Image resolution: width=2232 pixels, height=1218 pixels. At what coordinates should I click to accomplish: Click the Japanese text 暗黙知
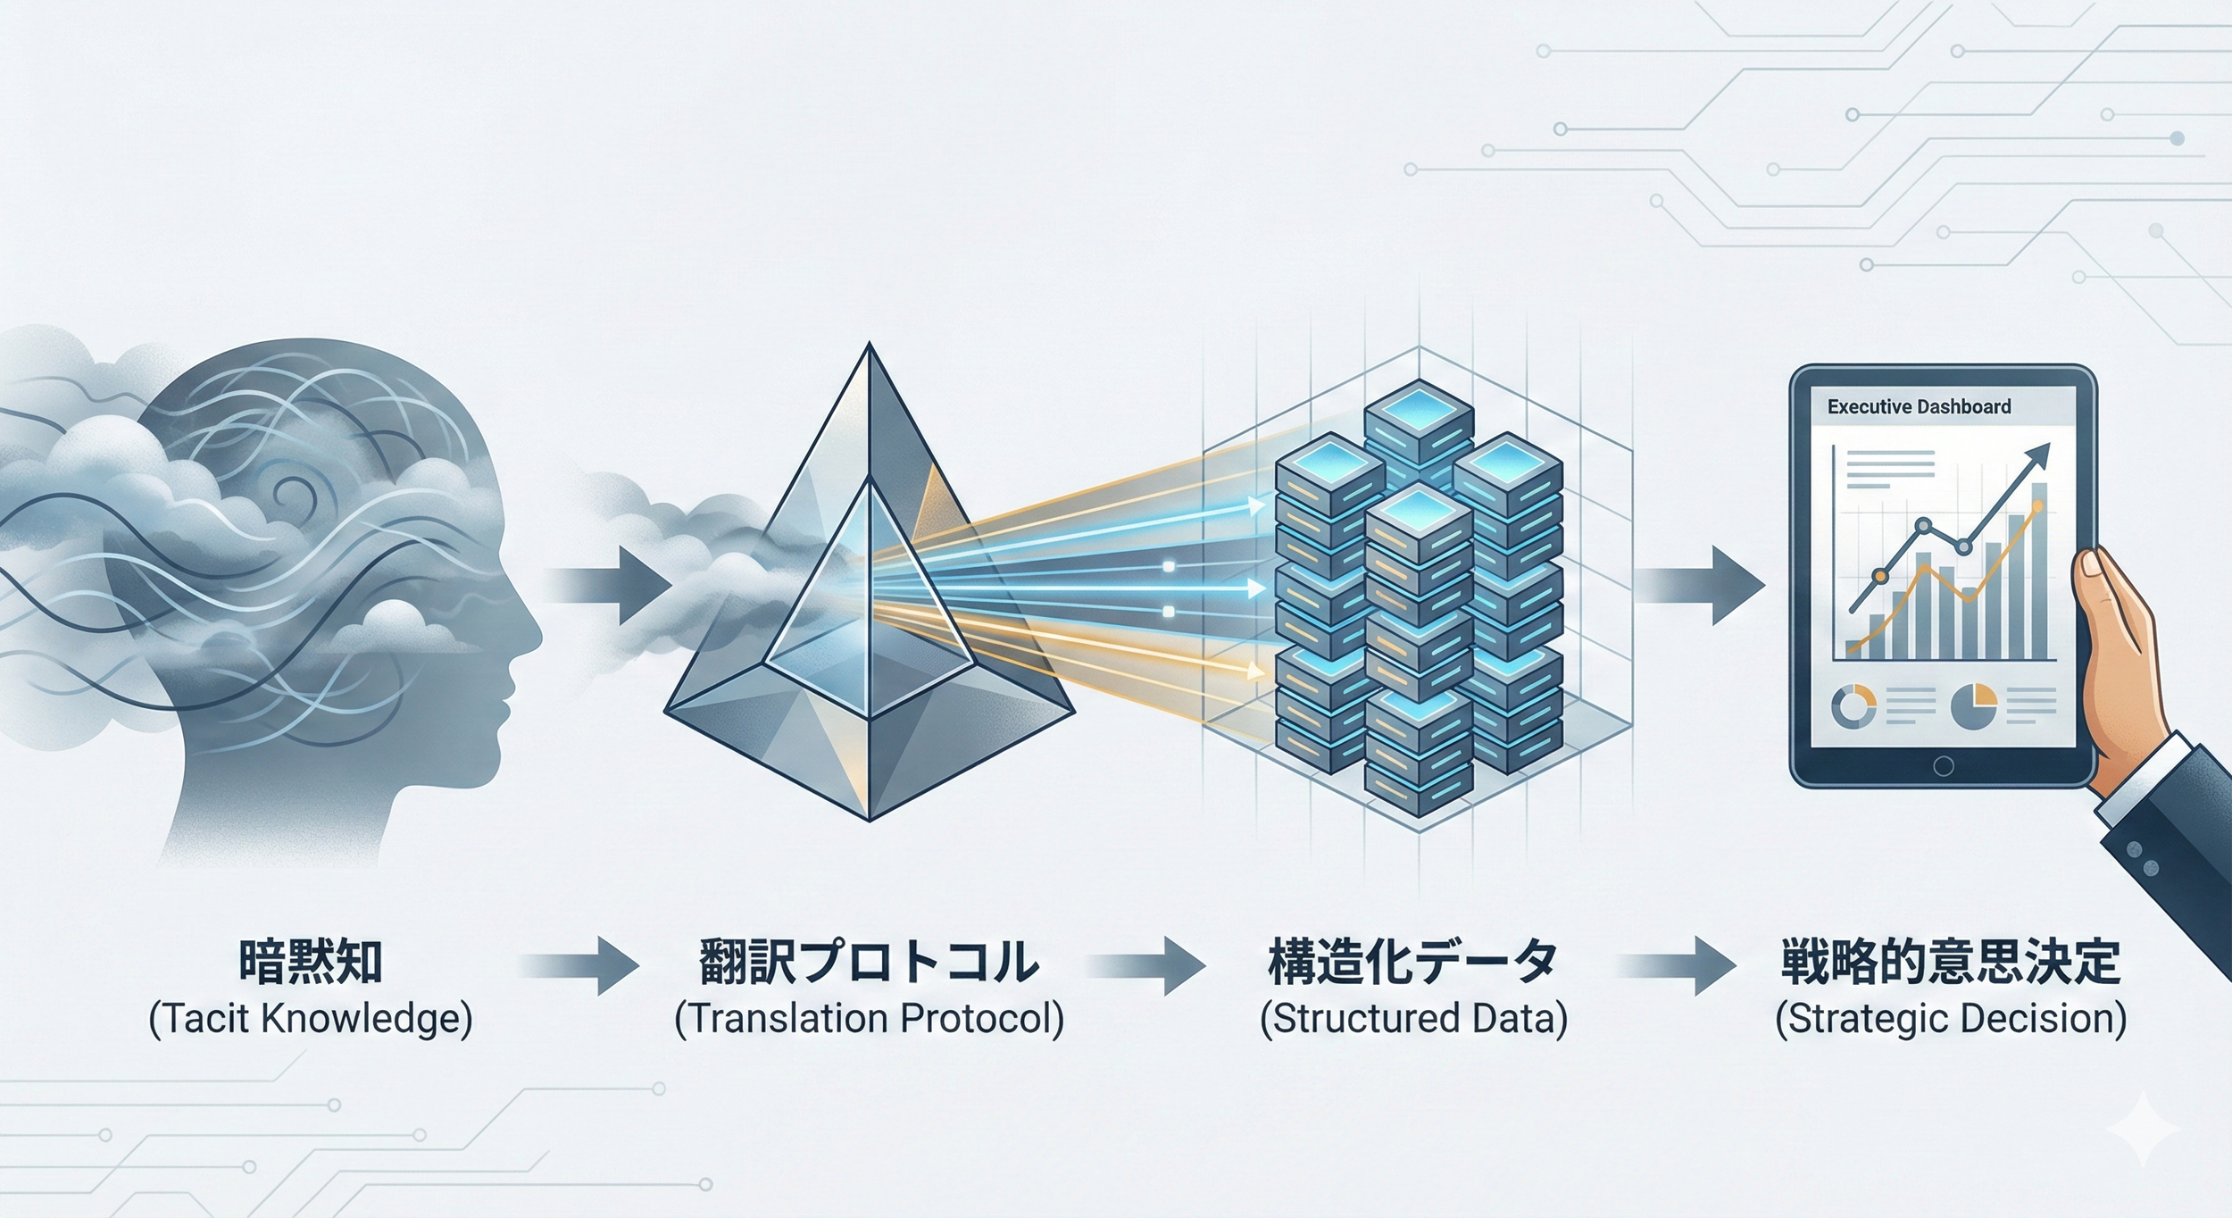pos(311,963)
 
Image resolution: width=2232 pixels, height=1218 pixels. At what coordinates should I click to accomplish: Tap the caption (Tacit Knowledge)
pos(311,1020)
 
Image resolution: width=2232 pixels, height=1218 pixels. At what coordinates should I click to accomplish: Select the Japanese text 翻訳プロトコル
pos(869,963)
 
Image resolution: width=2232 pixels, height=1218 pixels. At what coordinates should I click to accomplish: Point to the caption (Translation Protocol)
pos(869,1020)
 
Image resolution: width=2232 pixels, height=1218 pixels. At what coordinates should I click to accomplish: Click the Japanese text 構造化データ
pos(1412,963)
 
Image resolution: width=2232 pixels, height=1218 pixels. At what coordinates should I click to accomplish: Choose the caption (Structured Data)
pos(1412,1020)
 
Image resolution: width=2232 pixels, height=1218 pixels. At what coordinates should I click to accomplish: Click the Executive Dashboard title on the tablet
pos(1919,407)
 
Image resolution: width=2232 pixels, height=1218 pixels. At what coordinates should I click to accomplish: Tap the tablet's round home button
pos(1943,766)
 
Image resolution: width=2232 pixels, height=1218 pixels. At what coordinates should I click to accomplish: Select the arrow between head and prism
pos(616,585)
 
